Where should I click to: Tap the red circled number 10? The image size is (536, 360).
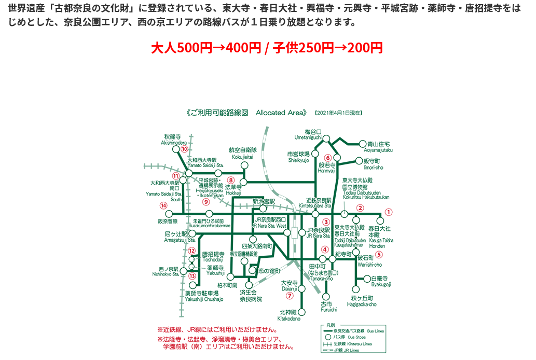pos(184,149)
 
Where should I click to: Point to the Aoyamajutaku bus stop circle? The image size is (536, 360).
pos(362,144)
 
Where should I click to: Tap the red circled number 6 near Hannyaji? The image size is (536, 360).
pos(327,158)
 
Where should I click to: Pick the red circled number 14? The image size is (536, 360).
pos(163,205)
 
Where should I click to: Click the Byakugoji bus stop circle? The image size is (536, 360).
pos(368,279)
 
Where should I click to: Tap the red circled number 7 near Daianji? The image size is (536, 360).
pos(290,296)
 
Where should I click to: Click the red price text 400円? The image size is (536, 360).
pos(244,48)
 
